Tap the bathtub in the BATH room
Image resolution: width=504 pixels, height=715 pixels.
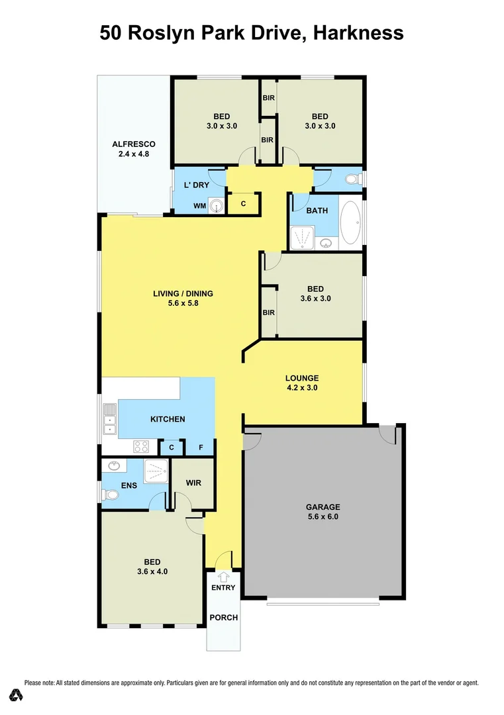(351, 222)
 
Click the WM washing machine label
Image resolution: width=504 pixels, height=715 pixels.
(199, 207)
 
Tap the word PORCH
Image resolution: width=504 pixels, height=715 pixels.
(223, 618)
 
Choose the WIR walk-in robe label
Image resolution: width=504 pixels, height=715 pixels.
(193, 483)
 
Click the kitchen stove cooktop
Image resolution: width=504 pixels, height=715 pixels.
(141, 446)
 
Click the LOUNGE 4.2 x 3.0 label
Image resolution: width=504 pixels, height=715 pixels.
(302, 383)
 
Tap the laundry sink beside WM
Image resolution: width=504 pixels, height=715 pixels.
(216, 207)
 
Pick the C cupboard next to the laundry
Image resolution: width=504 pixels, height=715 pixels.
(243, 204)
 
